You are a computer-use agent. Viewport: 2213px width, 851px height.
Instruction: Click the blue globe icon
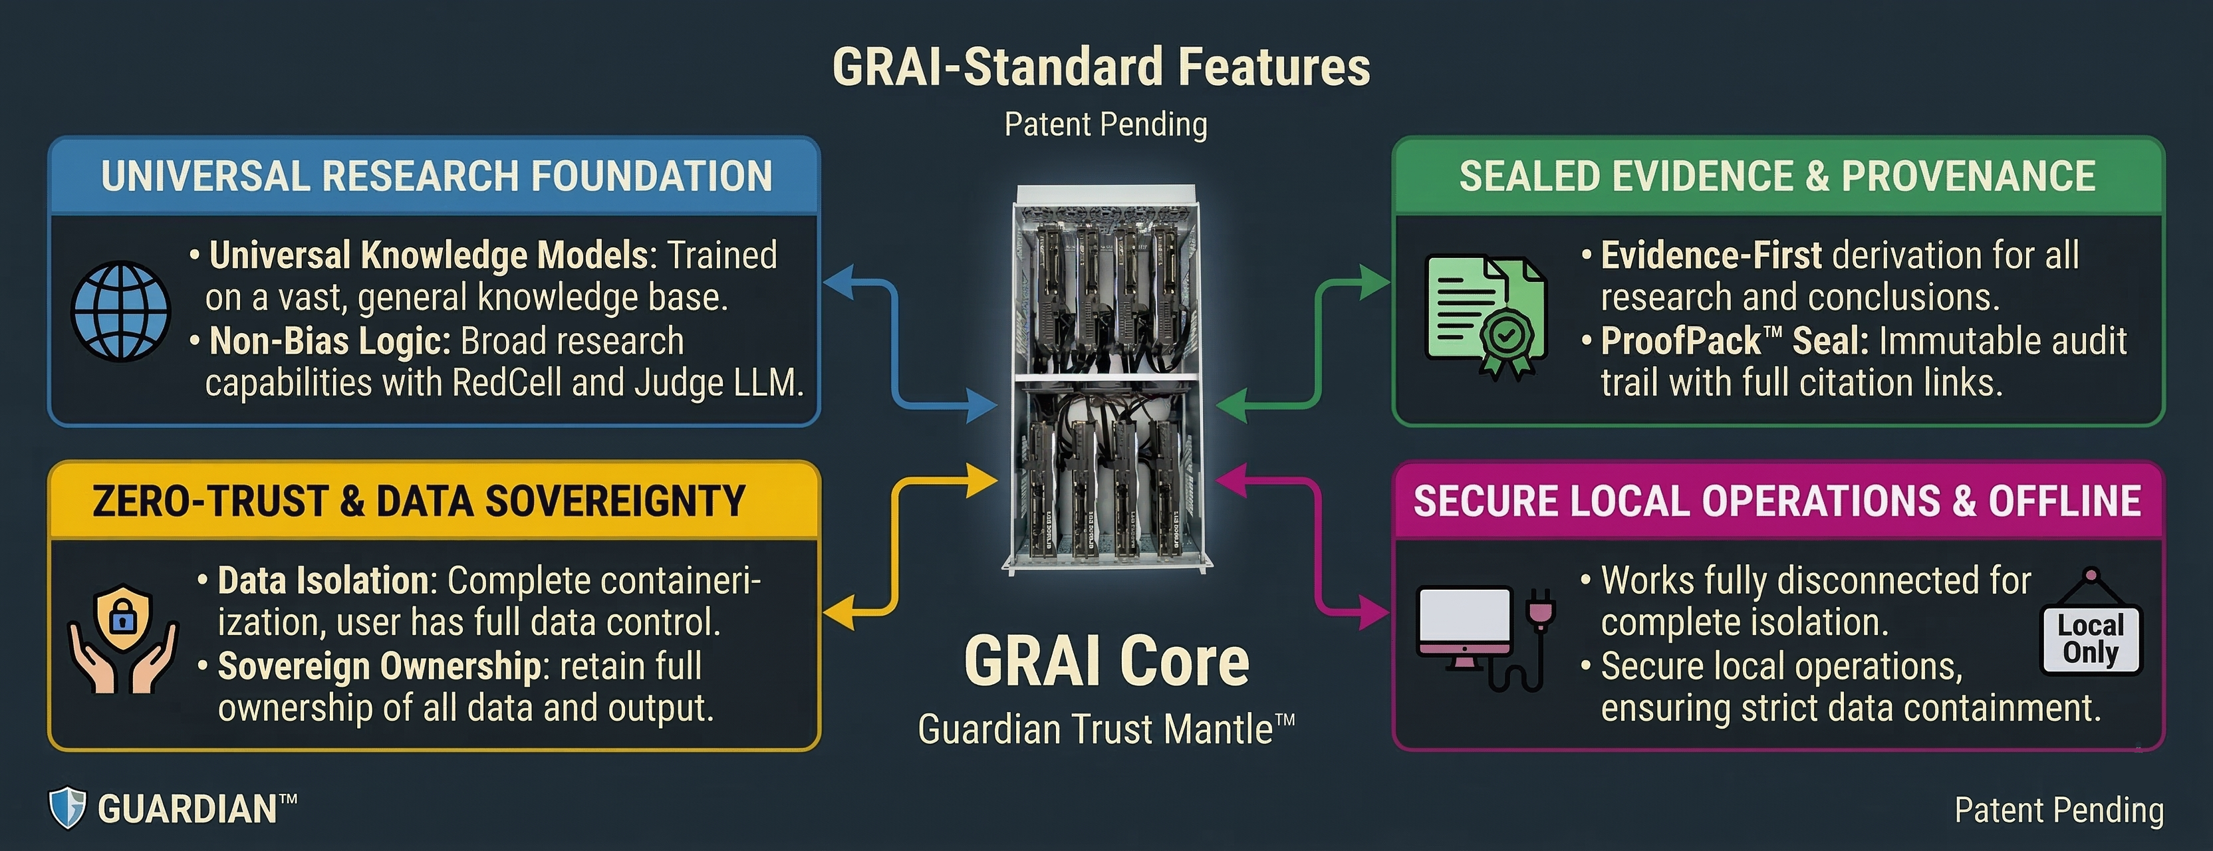120,311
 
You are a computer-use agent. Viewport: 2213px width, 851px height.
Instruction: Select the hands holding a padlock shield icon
124,640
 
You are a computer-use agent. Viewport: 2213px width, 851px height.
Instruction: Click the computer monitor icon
1465,627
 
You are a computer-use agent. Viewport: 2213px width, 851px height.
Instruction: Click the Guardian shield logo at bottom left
67,808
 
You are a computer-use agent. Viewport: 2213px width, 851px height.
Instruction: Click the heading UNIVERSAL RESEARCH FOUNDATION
436,176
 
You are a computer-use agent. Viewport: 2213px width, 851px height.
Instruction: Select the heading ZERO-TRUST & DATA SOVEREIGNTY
418,501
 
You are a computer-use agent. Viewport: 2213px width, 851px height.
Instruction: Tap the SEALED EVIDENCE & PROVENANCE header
1777,176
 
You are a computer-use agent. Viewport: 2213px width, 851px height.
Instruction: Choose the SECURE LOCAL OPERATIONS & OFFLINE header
1777,501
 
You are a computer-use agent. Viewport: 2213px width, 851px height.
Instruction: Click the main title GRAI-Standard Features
1101,67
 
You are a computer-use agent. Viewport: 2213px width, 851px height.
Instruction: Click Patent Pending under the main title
1106,124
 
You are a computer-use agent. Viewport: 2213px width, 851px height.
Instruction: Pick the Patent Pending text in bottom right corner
2058,810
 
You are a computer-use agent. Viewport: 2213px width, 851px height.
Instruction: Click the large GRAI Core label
1106,662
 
